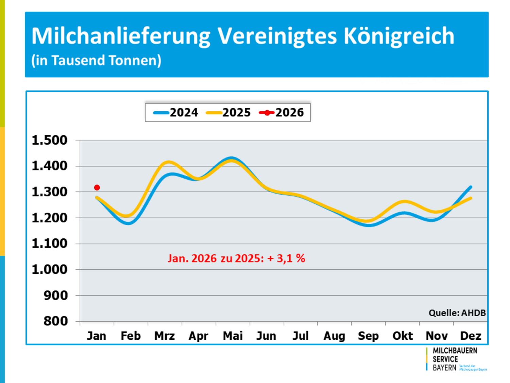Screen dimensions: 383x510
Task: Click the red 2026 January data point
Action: pyautogui.click(x=97, y=188)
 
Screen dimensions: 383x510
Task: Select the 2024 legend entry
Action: pyautogui.click(x=176, y=113)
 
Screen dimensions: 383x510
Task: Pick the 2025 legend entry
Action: pyautogui.click(x=228, y=113)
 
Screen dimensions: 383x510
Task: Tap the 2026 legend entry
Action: pyautogui.click(x=282, y=113)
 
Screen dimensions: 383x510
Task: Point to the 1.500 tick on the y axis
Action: pyautogui.click(x=50, y=140)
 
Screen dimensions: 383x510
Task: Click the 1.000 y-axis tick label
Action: pyautogui.click(x=50, y=270)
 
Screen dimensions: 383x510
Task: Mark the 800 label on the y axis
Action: pyautogui.click(x=56, y=321)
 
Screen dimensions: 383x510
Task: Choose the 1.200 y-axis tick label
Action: pyautogui.click(x=50, y=218)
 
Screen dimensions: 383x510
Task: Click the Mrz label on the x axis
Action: pyautogui.click(x=165, y=336)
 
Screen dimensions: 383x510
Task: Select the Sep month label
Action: pyautogui.click(x=368, y=336)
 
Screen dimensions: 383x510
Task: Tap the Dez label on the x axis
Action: pyautogui.click(x=471, y=336)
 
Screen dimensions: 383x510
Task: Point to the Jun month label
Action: pyautogui.click(x=266, y=336)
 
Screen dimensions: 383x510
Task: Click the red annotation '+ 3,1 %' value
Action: pyautogui.click(x=286, y=258)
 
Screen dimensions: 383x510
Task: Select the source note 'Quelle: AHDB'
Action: pyautogui.click(x=457, y=313)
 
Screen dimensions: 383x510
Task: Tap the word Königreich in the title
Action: pyautogui.click(x=399, y=36)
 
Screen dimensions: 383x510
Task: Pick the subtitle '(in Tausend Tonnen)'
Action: pyautogui.click(x=96, y=60)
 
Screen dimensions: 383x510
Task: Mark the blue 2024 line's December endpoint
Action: pyautogui.click(x=471, y=187)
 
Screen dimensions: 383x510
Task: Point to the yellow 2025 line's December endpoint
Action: pyautogui.click(x=471, y=198)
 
